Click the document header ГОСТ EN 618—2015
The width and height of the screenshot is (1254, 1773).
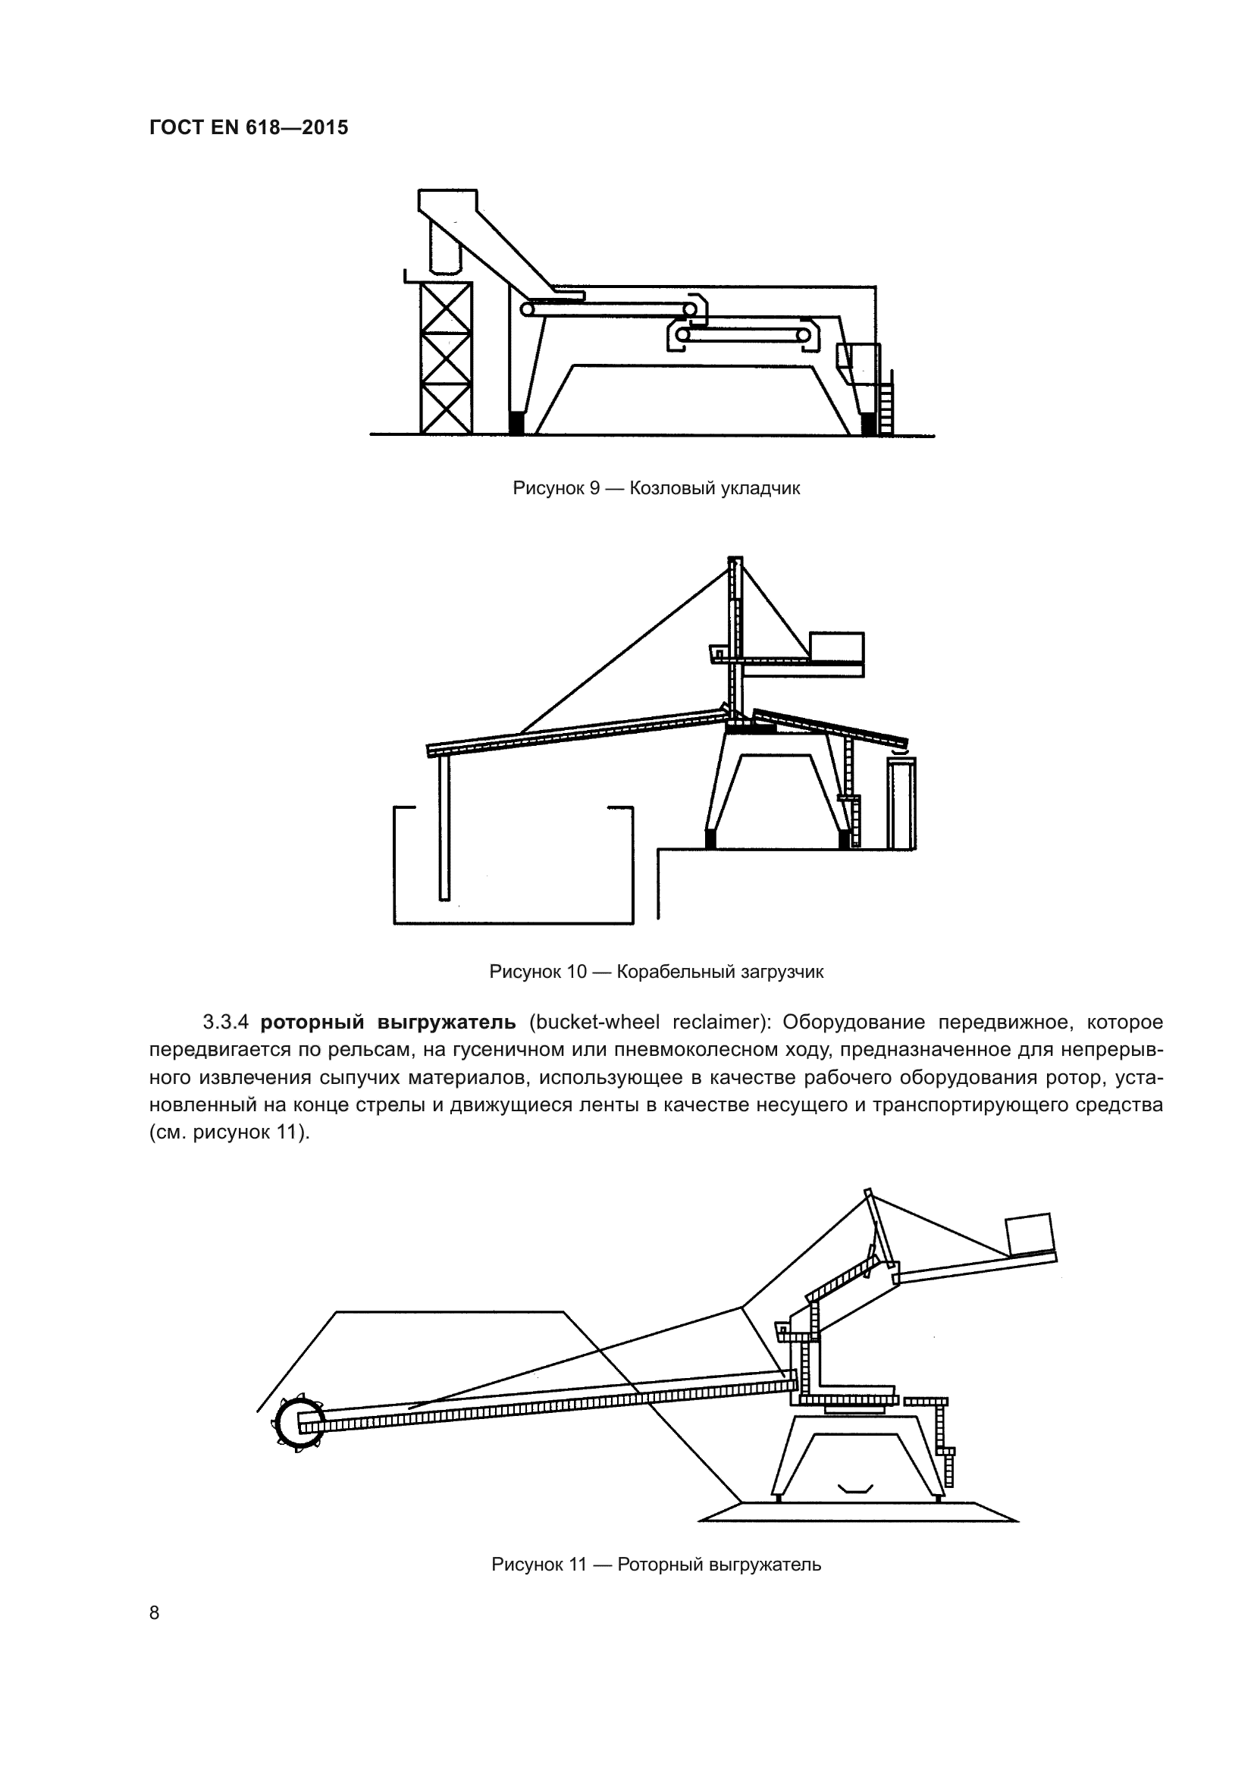(249, 127)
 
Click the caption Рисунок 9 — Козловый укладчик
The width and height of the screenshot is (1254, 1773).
(656, 488)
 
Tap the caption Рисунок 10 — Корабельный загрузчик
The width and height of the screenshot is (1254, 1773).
(656, 972)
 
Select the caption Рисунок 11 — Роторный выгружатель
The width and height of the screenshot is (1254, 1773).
(656, 1565)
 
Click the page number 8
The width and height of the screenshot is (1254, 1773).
(155, 1612)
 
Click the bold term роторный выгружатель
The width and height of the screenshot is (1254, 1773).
(387, 1023)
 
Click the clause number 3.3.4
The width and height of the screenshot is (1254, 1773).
(225, 1023)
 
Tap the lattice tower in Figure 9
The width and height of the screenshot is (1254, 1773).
(446, 357)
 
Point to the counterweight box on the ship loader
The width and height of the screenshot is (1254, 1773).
(836, 647)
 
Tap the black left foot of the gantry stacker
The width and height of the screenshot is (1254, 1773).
(516, 424)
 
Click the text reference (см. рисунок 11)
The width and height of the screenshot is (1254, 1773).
(229, 1133)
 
